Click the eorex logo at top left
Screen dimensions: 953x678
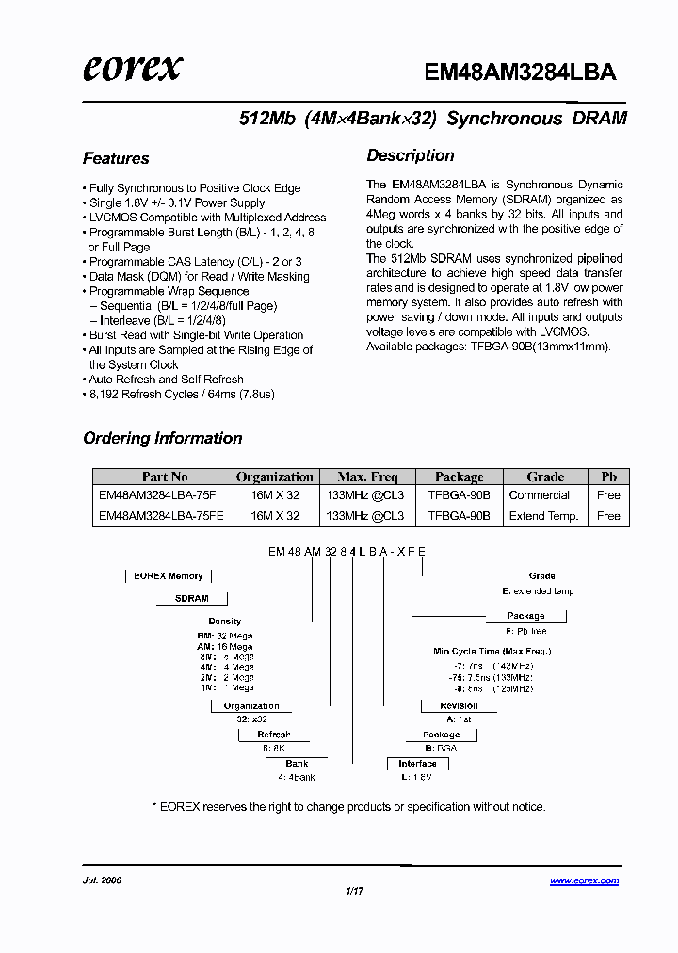click(x=133, y=68)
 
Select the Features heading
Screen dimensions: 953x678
click(x=116, y=158)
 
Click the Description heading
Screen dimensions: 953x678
click(x=410, y=155)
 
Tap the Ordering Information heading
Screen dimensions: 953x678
click(x=162, y=438)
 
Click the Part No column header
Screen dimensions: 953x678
click(x=165, y=476)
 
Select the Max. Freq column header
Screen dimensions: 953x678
click(x=367, y=476)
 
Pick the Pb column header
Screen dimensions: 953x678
click(x=608, y=476)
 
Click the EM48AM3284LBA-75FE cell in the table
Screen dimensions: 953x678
click(x=157, y=516)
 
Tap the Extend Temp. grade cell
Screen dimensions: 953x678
click(x=543, y=516)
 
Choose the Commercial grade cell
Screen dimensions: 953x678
click(x=539, y=495)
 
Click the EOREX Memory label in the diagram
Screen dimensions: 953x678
click(x=169, y=575)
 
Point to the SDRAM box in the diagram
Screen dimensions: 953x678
click(x=191, y=598)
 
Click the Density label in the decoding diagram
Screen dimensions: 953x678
click(x=225, y=622)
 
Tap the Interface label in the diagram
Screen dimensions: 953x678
click(x=417, y=764)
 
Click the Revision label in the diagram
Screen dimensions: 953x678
click(x=459, y=705)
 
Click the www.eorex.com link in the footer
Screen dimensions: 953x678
click(x=584, y=881)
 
